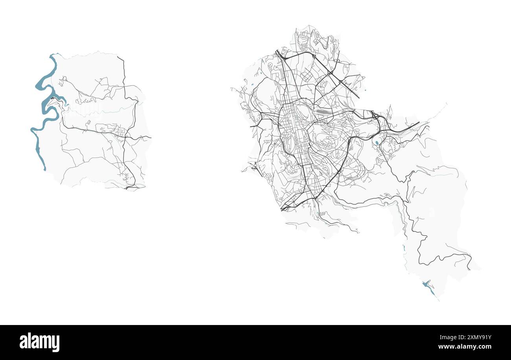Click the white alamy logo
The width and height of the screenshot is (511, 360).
tap(39, 342)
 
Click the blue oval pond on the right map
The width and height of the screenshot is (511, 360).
tap(377, 143)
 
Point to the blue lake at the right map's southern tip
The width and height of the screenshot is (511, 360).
tap(428, 287)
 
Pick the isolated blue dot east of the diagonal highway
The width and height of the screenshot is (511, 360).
tap(365, 90)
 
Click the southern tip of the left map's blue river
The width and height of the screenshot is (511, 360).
tap(44, 169)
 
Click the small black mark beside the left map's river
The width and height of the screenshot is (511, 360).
tap(52, 98)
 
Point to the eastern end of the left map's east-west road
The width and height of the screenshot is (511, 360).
tap(150, 137)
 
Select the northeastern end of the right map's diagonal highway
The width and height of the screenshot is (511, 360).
tap(359, 97)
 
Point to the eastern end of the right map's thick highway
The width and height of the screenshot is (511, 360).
tap(419, 122)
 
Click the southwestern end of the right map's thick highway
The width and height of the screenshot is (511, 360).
tap(282, 209)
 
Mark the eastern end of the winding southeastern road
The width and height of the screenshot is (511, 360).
tap(470, 269)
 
